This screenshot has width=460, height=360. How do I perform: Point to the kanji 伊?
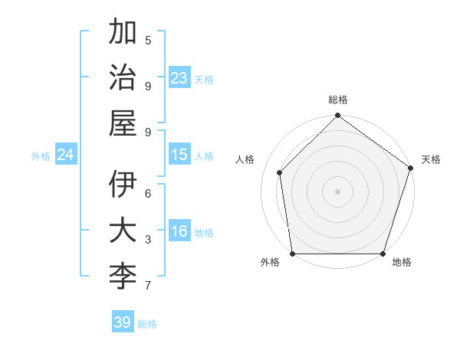[123, 186]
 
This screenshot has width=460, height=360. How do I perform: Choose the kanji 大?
[123, 231]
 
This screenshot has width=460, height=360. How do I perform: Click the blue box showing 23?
[179, 78]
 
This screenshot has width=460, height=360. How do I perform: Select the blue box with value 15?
[179, 155]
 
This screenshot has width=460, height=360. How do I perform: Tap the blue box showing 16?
[179, 231]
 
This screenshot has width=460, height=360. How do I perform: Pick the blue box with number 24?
[66, 155]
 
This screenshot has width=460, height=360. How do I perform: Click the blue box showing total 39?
[123, 322]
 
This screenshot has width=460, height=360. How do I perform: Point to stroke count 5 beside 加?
[148, 40]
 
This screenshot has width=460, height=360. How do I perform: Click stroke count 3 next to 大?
[148, 240]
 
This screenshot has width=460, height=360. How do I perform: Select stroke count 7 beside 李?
[148, 286]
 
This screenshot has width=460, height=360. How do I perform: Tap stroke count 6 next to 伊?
[148, 194]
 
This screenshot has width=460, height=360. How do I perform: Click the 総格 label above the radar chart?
[337, 100]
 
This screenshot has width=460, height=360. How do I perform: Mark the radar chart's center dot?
[337, 191]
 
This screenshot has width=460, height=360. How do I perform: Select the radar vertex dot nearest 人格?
[280, 172]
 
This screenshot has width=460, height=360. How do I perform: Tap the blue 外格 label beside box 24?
[41, 155]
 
